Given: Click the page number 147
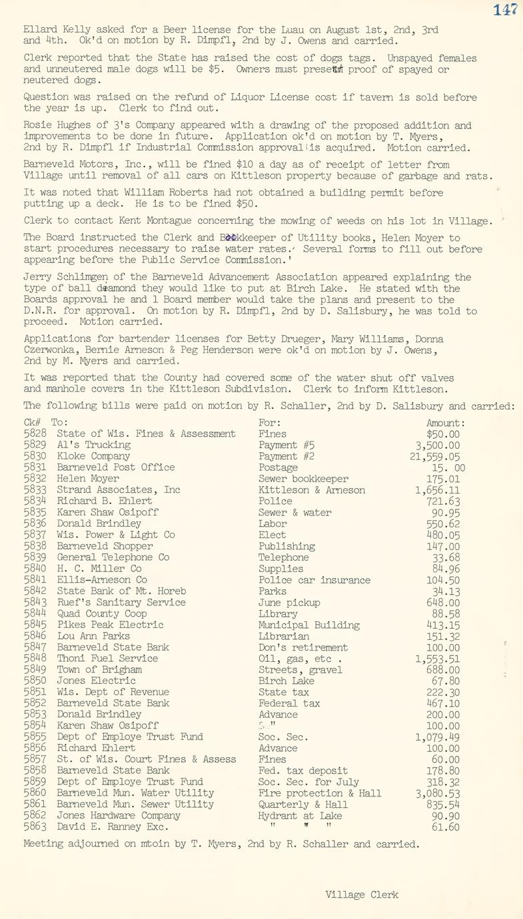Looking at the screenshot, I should click(507, 9).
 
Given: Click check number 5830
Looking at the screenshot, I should click(34, 456).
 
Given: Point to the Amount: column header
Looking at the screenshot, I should click(445, 422).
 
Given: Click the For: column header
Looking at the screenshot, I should click(269, 422).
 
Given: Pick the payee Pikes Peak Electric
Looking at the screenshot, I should click(110, 625).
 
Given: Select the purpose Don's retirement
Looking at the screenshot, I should click(302, 647).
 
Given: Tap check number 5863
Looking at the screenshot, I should click(34, 827).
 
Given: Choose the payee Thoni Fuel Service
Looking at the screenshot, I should click(107, 659).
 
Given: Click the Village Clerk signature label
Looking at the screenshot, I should click(362, 894).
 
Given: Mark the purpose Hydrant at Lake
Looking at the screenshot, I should click(300, 816).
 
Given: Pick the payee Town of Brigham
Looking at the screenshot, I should click(99, 670).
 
